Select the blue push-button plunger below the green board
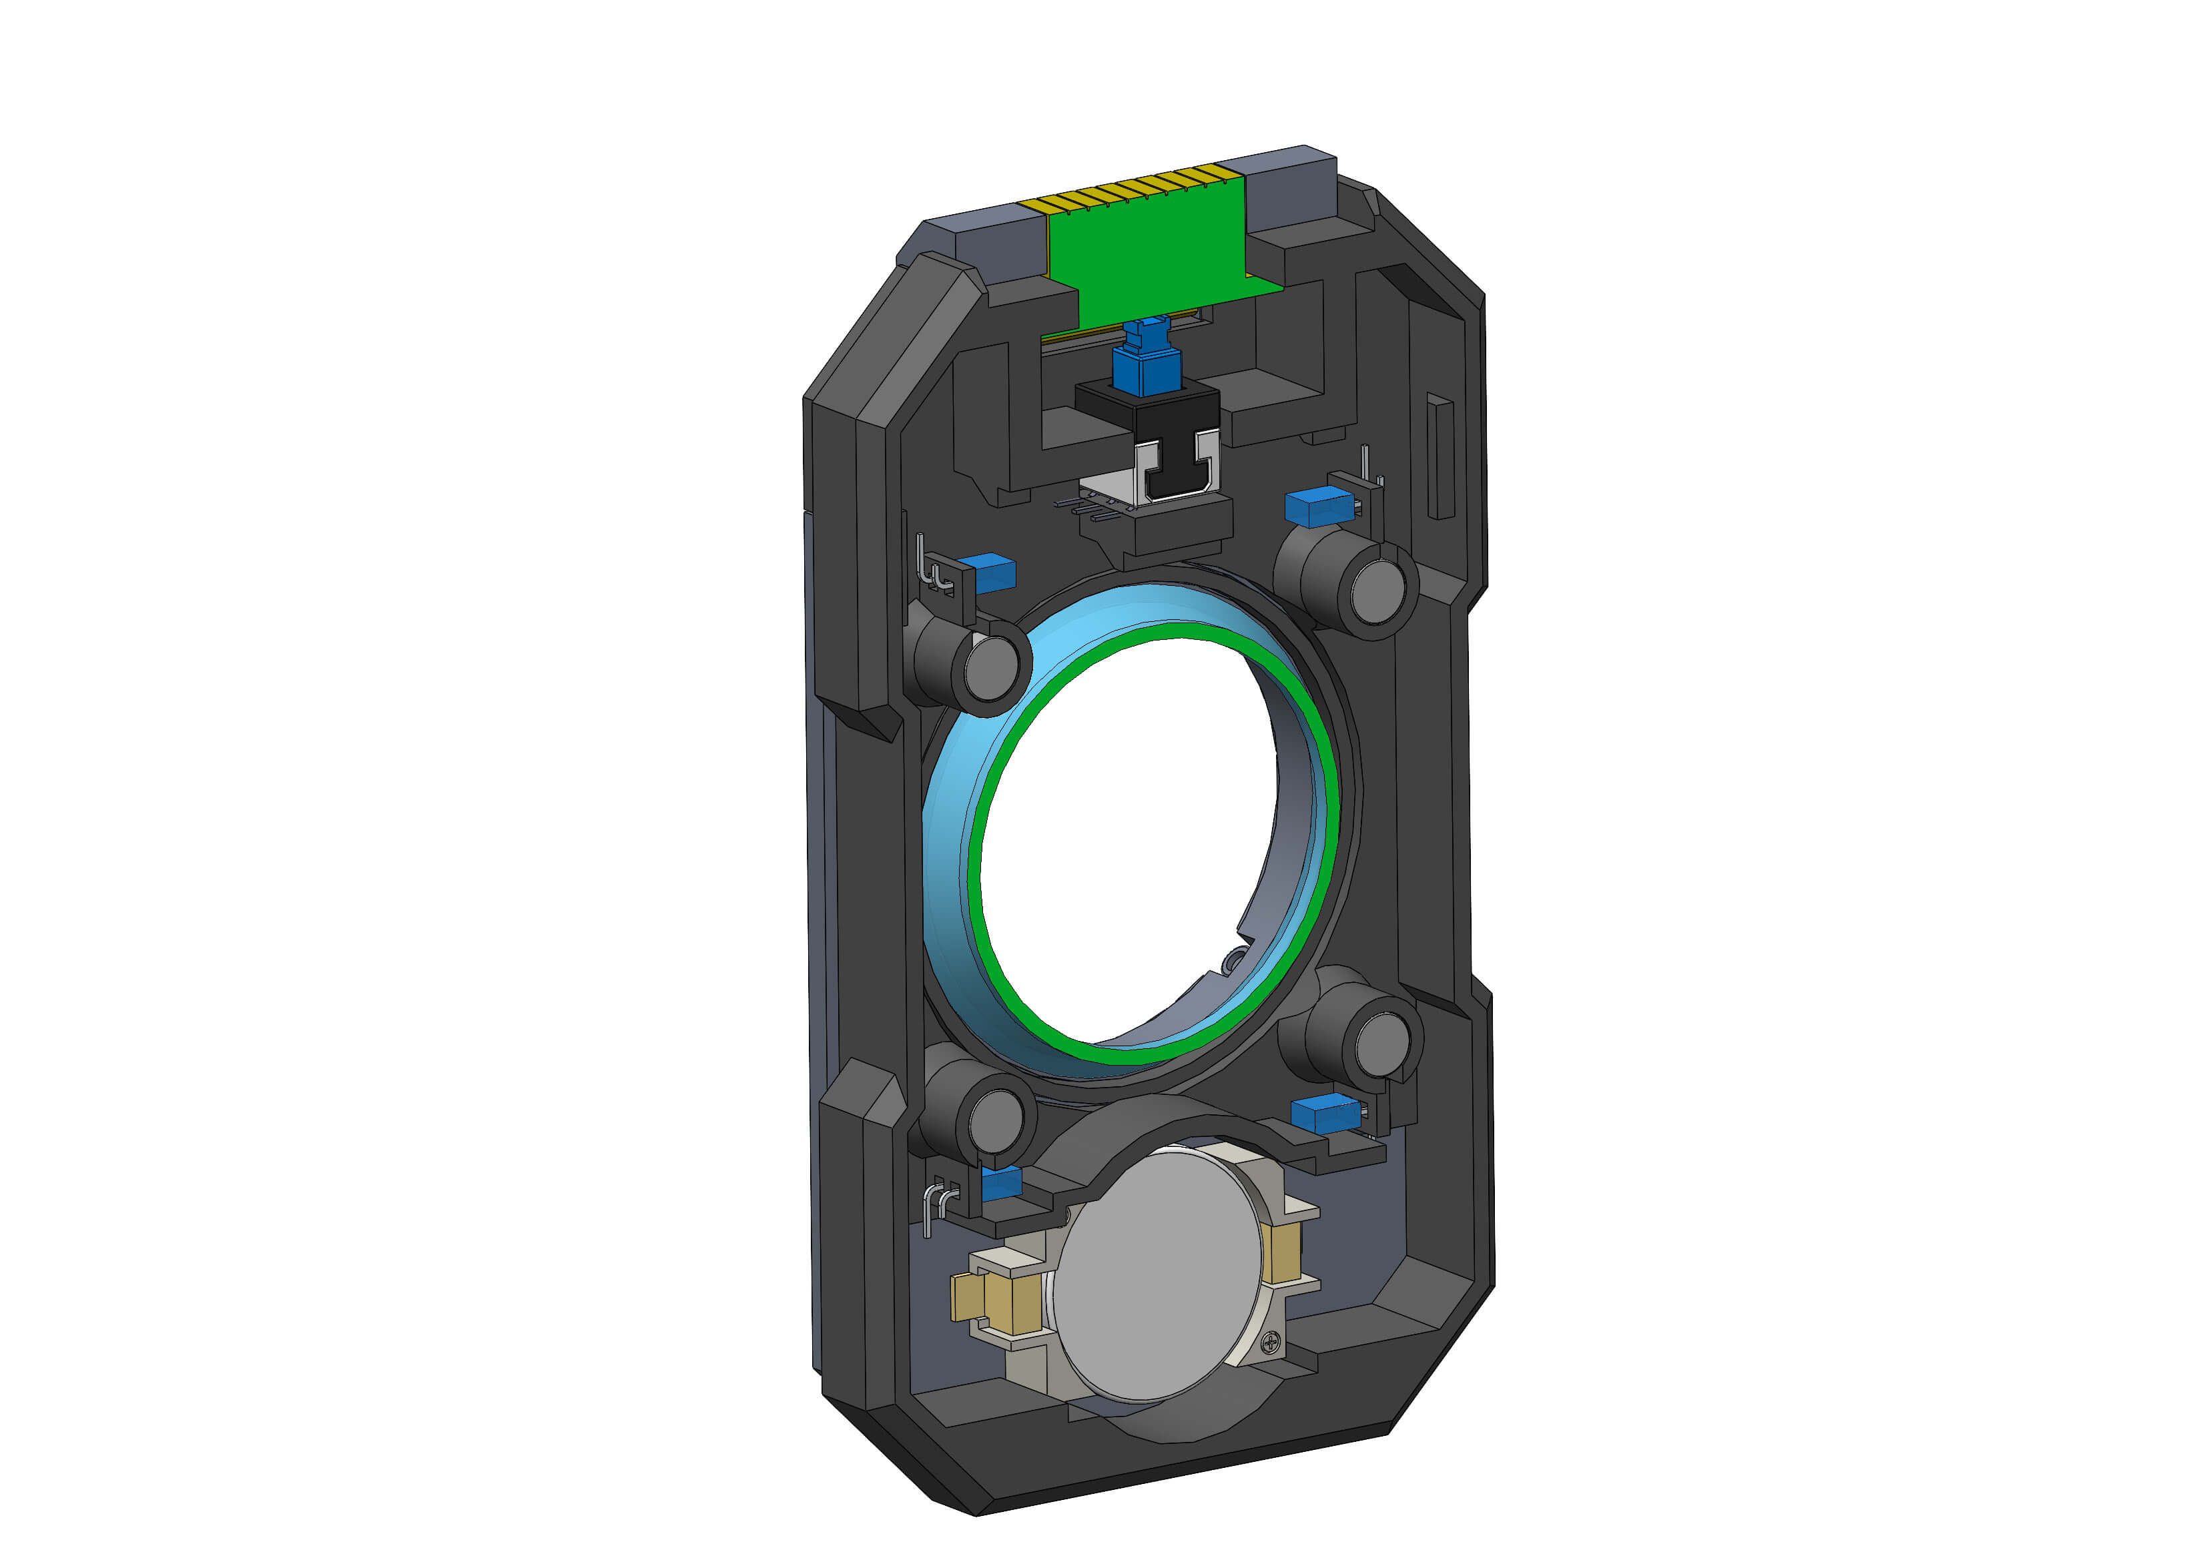[1146, 365]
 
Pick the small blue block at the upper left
[995, 573]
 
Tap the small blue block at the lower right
[1325, 1113]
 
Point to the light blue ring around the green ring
[947, 846]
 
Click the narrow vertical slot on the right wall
[1439, 456]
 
